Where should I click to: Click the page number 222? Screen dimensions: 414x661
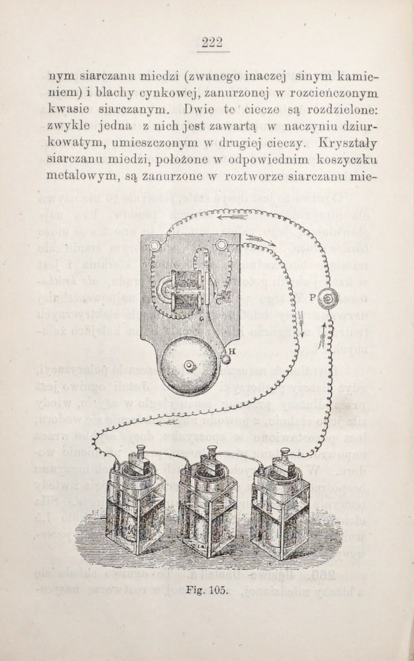pos(212,43)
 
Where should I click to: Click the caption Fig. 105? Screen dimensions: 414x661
pos(207,590)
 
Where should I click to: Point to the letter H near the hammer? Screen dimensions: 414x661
pos(232,350)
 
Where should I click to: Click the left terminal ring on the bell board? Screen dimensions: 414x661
pos(153,245)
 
